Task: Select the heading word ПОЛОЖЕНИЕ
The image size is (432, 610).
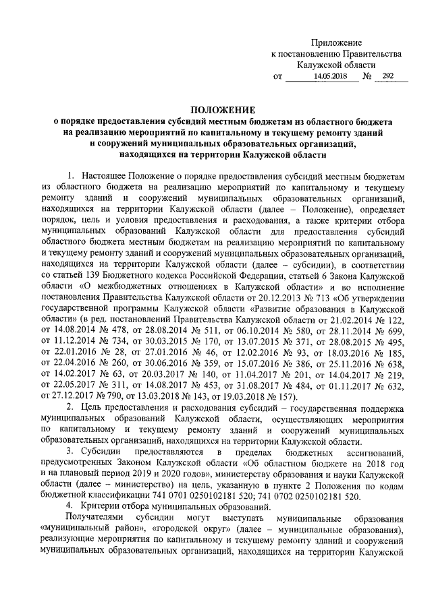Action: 222,109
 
